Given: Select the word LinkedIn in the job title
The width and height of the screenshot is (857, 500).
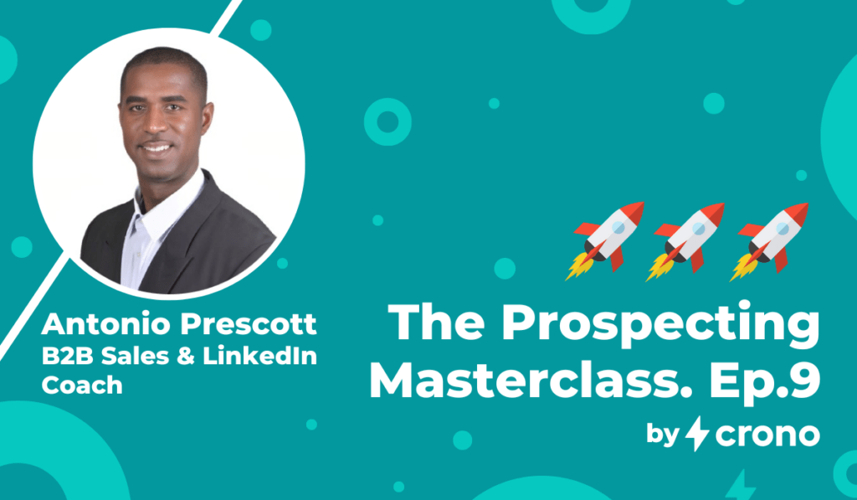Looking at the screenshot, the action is click(259, 356).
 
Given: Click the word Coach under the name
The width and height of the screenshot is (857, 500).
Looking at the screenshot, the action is click(82, 385).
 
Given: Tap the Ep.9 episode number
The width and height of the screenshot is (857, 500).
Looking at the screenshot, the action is click(765, 382).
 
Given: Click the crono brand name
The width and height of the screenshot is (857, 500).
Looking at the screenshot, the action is click(767, 435).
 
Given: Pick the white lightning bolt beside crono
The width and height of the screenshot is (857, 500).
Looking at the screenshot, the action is click(697, 433).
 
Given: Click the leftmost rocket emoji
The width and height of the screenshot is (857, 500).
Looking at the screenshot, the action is click(605, 240).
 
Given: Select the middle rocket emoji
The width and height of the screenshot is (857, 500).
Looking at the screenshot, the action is click(685, 241).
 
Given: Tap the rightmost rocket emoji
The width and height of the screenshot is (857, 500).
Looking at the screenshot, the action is click(769, 241).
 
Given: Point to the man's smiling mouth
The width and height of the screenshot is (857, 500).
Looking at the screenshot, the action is click(157, 147).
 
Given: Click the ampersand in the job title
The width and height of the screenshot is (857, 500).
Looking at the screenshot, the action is click(186, 357).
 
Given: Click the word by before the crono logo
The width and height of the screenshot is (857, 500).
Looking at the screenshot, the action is click(663, 435).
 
